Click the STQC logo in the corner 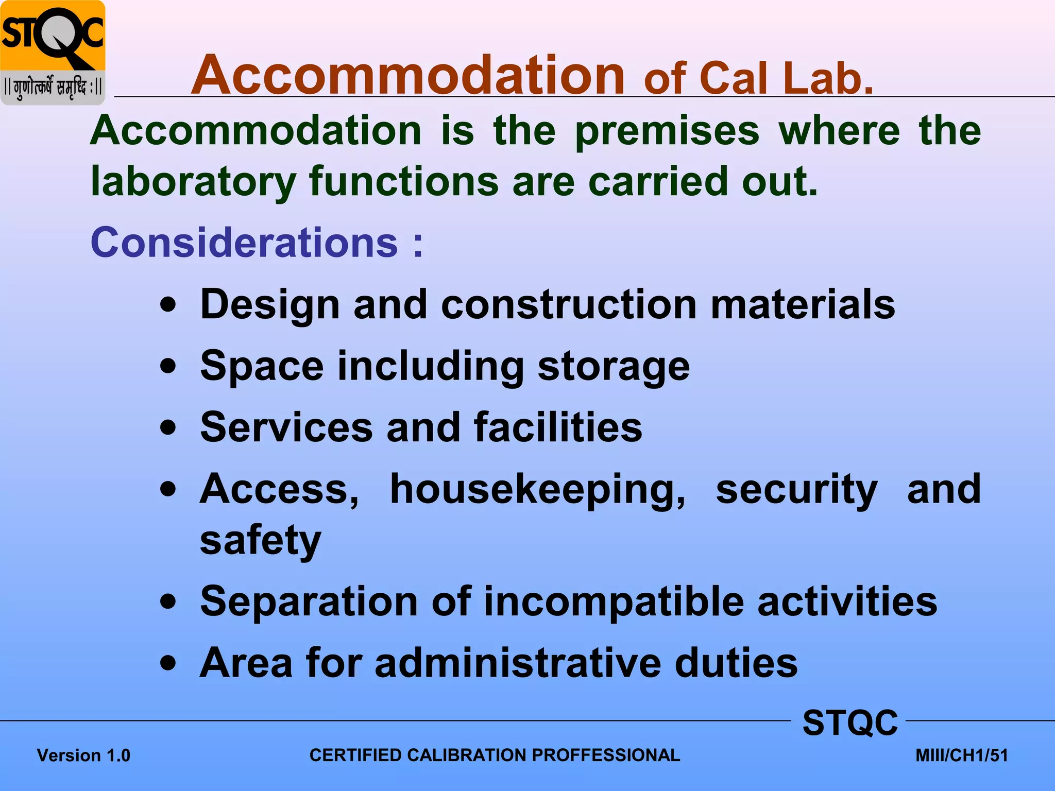coord(53,51)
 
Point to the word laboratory coord(193,182)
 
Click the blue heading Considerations coord(244,242)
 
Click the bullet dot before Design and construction coord(168,305)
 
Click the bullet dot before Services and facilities coord(168,427)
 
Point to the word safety coord(260,541)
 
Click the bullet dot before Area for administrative coord(168,663)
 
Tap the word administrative coord(518,663)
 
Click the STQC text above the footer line coord(850,723)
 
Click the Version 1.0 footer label coord(83,755)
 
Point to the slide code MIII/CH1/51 coord(961,755)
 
